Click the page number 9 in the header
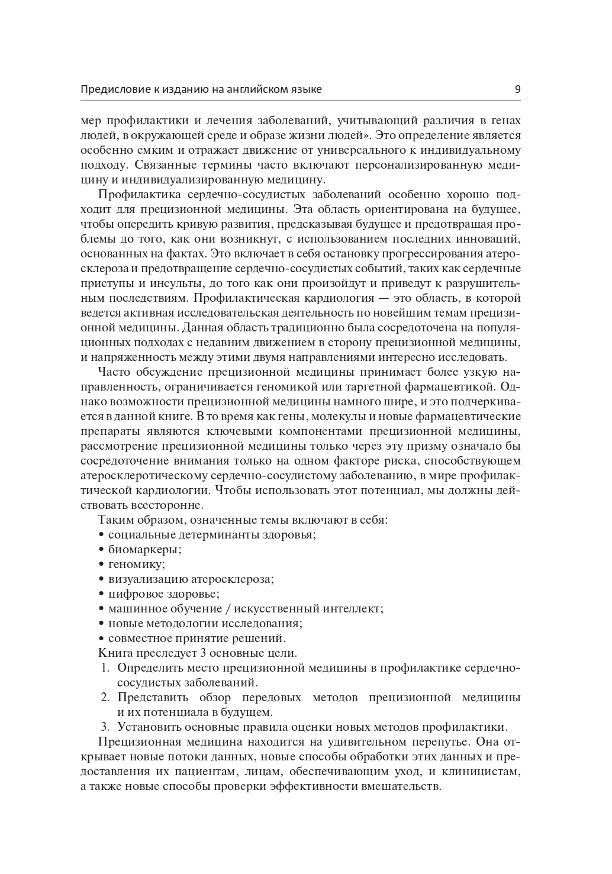[517, 89]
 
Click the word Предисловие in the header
[112, 89]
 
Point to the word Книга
[115, 653]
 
